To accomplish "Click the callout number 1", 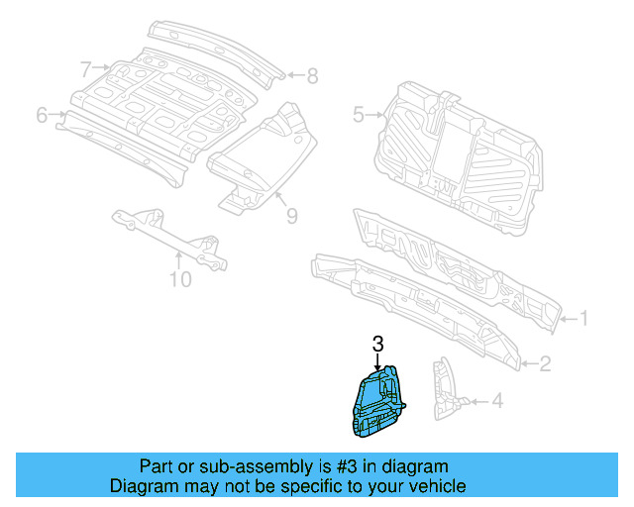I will [x=584, y=319].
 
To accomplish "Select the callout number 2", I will [x=545, y=364].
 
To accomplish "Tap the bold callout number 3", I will [x=377, y=345].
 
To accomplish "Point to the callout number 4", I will [x=497, y=401].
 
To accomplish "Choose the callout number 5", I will [x=358, y=115].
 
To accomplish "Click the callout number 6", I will [x=42, y=115].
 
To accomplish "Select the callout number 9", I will [x=291, y=215].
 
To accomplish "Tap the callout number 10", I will [x=178, y=279].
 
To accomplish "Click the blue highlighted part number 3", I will [x=377, y=403].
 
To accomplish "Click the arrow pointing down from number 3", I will [x=377, y=361].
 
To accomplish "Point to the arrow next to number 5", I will [x=375, y=115].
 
